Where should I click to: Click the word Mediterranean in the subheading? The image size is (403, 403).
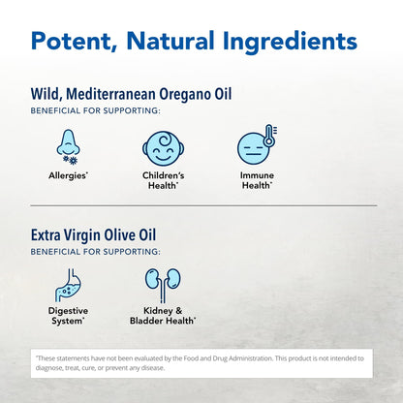click(110, 94)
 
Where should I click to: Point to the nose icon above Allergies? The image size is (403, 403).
click(68, 142)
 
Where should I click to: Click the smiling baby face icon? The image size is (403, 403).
click(164, 148)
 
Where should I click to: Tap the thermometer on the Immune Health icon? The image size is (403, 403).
click(269, 136)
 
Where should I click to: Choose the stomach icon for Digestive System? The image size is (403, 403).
click(68, 286)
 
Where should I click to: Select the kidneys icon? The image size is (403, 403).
click(163, 285)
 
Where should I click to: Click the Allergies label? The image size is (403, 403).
click(68, 175)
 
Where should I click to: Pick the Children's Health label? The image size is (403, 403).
click(164, 180)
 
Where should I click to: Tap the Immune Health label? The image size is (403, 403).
click(257, 180)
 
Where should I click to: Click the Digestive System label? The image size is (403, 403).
click(68, 316)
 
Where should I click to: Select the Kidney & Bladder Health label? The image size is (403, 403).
click(163, 316)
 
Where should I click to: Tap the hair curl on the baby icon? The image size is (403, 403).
click(166, 139)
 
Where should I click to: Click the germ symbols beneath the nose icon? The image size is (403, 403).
click(70, 160)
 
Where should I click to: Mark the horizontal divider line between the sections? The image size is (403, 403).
click(203, 205)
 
